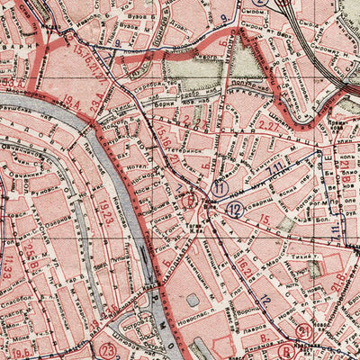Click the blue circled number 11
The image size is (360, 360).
tap(219, 188)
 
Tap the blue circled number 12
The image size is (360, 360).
tap(234, 210)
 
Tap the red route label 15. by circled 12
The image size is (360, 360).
tap(264, 220)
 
